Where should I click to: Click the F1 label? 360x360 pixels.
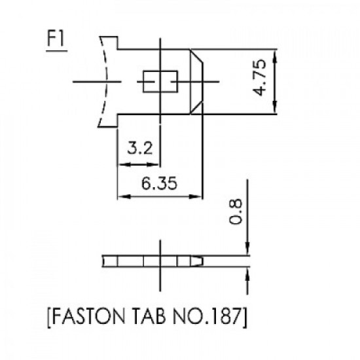pyautogui.click(x=56, y=39)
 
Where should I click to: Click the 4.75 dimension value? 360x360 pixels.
pyautogui.click(x=259, y=77)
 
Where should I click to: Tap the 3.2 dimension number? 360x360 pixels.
pyautogui.click(x=140, y=149)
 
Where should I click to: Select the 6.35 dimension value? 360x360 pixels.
pyautogui.click(x=159, y=183)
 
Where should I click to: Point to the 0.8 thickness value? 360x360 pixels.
pyautogui.click(x=236, y=211)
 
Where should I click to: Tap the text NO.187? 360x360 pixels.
pyautogui.click(x=207, y=316)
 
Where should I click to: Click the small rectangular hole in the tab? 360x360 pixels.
pyautogui.click(x=160, y=82)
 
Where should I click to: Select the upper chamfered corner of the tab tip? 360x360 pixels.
pyautogui.click(x=197, y=56)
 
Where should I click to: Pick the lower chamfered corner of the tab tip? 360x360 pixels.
pyautogui.click(x=197, y=108)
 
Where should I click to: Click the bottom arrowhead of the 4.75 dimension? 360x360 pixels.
pyautogui.click(x=275, y=107)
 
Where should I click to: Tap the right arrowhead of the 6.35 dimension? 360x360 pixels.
pyautogui.click(x=195, y=196)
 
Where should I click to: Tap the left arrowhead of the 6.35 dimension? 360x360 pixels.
pyautogui.click(x=124, y=196)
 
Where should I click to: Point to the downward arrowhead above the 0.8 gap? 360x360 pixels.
pyautogui.click(x=247, y=249)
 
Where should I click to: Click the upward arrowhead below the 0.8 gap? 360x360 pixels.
pyautogui.click(x=247, y=274)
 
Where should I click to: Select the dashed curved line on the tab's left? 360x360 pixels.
pyautogui.click(x=105, y=82)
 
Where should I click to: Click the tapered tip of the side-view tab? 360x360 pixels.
pyautogui.click(x=198, y=261)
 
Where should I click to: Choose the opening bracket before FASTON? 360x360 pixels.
pyautogui.click(x=49, y=317)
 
